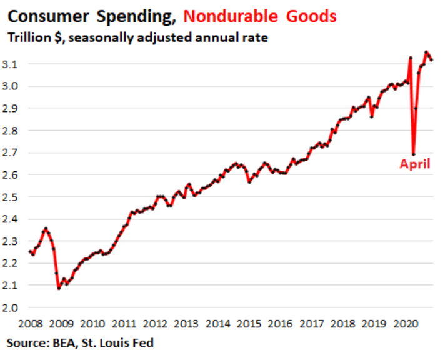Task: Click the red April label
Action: pyautogui.click(x=415, y=166)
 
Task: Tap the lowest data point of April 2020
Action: pyautogui.click(x=414, y=154)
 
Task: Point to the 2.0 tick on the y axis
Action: pyautogui.click(x=14, y=307)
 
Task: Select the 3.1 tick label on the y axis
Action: pyautogui.click(x=14, y=64)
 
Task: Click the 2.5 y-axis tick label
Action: pyautogui.click(x=14, y=197)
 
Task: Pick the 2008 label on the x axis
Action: pyautogui.click(x=31, y=324)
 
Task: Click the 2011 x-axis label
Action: pyautogui.click(x=124, y=324)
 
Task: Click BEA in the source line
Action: pyautogui.click(x=64, y=343)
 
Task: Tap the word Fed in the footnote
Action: pyautogui.click(x=142, y=343)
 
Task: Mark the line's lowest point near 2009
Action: pyautogui.click(x=59, y=288)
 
